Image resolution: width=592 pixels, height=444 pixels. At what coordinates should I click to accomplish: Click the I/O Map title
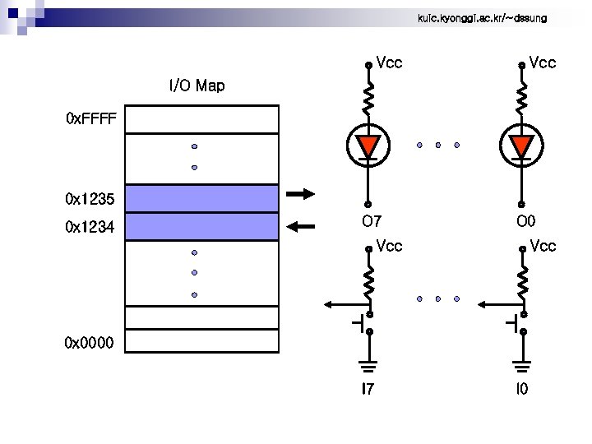tap(197, 86)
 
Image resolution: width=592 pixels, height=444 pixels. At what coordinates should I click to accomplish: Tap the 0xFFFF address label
tap(91, 120)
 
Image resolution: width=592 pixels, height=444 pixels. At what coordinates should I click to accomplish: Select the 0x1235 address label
tap(91, 198)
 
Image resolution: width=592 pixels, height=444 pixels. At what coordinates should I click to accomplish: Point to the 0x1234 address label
tap(91, 226)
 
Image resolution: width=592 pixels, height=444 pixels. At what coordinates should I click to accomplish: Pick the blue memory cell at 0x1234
tap(201, 225)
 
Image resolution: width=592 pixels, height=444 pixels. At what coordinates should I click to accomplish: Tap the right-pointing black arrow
tap(301, 195)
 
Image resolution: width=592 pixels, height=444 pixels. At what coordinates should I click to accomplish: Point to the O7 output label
tap(372, 221)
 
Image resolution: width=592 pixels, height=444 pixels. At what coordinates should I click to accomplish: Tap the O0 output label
tap(525, 221)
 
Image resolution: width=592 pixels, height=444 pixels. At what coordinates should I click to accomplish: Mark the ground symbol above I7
tap(368, 363)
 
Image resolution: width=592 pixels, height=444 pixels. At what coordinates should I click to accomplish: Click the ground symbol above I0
tap(521, 363)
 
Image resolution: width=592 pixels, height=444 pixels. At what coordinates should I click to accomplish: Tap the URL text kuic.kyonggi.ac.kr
tap(476, 17)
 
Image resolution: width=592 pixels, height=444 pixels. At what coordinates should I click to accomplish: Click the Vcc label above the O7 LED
tap(389, 62)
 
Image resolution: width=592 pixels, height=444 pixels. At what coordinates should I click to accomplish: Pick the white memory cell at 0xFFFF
tap(201, 120)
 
